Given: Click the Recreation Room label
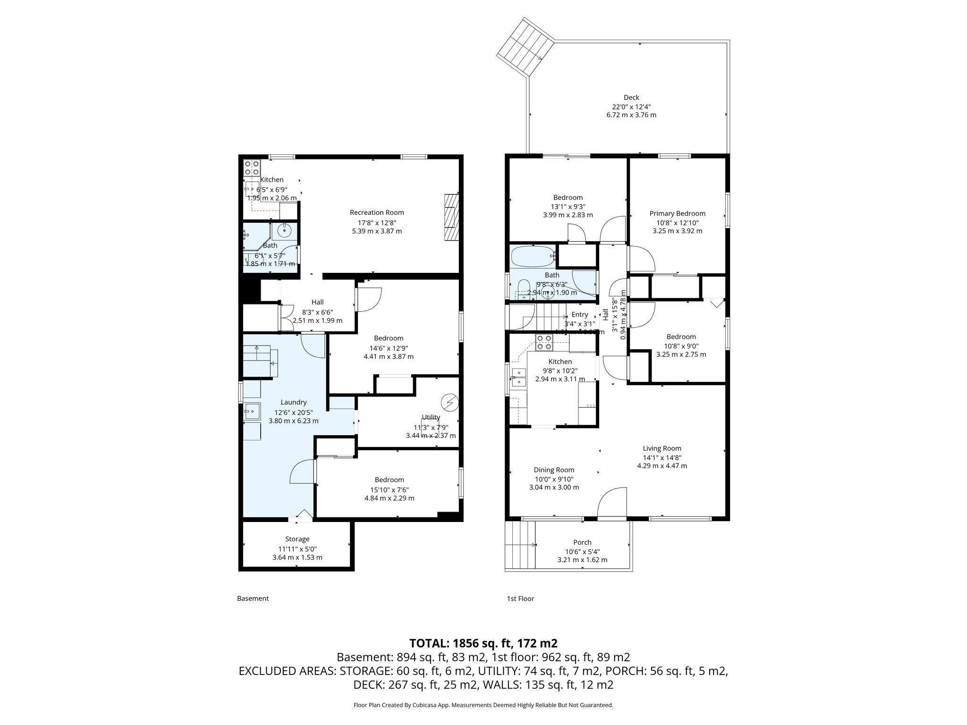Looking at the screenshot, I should coord(377,212).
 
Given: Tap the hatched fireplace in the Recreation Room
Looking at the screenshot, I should coord(451,218).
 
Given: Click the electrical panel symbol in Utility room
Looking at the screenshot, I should coord(449,402).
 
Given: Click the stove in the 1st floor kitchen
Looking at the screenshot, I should coord(544,342).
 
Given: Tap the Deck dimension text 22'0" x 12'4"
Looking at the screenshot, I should coord(631,107).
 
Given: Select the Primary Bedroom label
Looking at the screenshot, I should coord(677,213).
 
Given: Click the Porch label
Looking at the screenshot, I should coord(582,542).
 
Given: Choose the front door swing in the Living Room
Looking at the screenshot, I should coord(612,503).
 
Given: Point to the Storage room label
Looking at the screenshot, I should coord(297,539).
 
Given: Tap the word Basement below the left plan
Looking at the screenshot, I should coord(253,599).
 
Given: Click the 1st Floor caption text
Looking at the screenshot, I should coord(520,599).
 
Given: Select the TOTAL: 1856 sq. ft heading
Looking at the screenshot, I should coord(483,643).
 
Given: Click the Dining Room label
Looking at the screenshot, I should coord(554,470).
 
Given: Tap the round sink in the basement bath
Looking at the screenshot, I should coord(284,231).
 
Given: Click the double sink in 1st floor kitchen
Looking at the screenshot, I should coord(518,377).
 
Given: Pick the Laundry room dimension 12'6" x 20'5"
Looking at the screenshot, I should coord(293,412).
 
